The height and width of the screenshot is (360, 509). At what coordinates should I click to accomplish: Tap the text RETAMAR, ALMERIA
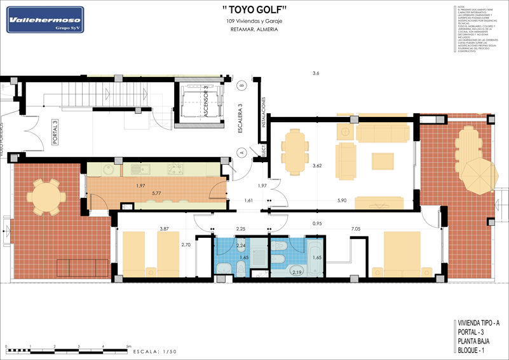pos(254,30)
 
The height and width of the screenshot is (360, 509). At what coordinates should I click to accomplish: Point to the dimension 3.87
pos(164,228)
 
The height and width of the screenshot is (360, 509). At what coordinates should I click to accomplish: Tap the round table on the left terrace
pos(44,197)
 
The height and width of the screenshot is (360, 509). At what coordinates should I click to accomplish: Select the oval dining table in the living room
pos(294,152)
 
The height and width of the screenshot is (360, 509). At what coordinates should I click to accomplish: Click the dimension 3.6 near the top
pos(316,74)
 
